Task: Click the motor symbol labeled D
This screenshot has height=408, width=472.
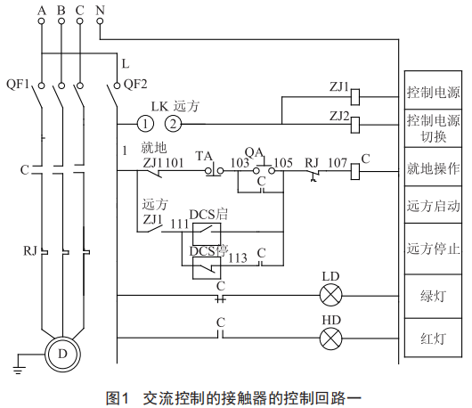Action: [62, 354]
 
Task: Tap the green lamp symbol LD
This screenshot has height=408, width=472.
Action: [330, 296]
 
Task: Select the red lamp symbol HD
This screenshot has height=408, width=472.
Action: [330, 339]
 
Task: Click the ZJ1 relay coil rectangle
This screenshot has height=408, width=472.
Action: [355, 97]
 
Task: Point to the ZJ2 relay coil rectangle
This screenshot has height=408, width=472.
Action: [355, 125]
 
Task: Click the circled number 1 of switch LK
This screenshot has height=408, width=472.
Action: [145, 124]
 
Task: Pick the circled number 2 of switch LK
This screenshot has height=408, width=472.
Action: [174, 124]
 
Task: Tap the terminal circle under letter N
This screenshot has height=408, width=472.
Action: [101, 21]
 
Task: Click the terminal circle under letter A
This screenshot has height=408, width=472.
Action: [42, 21]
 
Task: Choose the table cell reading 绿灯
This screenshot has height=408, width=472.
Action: [433, 297]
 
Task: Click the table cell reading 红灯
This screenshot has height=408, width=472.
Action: [433, 338]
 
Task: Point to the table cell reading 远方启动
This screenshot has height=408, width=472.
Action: [433, 205]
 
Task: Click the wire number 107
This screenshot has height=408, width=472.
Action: [338, 163]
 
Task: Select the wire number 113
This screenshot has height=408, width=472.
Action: [238, 258]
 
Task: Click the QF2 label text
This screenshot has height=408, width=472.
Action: [135, 84]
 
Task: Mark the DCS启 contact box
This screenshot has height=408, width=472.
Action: [207, 233]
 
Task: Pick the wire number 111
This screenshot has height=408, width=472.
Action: [179, 224]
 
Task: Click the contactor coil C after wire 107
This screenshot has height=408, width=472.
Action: [355, 172]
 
